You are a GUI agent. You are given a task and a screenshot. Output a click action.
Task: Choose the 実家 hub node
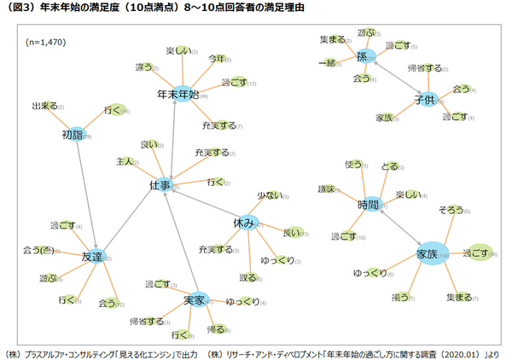pos(196,299)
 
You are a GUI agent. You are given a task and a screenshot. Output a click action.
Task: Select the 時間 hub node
pos(370,206)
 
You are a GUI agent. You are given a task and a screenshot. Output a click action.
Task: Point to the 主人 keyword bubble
pos(124,161)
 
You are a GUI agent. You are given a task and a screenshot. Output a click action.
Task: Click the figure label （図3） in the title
pos(21,8)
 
